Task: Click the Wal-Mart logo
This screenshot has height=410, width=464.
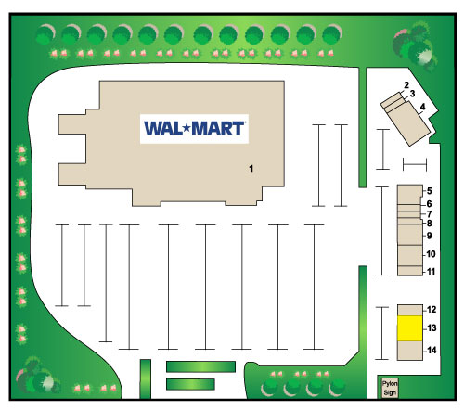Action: pos(194,129)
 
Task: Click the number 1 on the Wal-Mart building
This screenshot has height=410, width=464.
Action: pos(251,169)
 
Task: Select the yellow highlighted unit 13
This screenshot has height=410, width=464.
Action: pos(410,328)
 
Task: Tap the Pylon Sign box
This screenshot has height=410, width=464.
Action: pos(390,388)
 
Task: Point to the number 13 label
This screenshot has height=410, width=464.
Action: pos(432,327)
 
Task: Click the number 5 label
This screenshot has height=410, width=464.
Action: pos(430,191)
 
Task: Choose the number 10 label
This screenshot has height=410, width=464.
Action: pos(431,254)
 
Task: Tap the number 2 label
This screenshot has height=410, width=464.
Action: pos(406,84)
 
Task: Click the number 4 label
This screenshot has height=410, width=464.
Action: pos(422,107)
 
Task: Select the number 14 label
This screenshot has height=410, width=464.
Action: pos(432,351)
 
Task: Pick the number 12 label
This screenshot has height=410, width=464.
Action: pos(432,310)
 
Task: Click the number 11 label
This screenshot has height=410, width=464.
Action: pos(431,272)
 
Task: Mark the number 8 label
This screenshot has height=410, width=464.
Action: pos(430,224)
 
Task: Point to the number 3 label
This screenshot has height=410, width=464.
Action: pos(412,94)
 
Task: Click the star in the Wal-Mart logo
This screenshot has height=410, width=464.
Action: pos(187,127)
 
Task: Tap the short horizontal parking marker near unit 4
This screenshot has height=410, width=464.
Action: pos(415,164)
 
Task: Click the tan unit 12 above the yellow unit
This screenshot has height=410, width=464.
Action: pos(410,310)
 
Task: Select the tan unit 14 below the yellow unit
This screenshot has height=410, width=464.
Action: pos(410,351)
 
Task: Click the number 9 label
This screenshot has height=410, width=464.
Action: pos(430,236)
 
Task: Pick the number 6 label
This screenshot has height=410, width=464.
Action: pos(430,204)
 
